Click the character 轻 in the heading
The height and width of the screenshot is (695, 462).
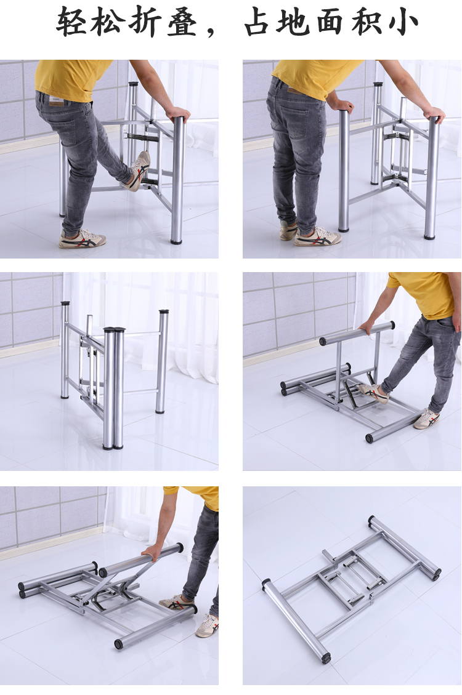70,22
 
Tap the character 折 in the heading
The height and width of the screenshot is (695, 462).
145,22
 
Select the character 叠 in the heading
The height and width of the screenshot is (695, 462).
182,22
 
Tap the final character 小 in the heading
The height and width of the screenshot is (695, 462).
403,22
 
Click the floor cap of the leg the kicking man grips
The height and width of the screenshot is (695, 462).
176,242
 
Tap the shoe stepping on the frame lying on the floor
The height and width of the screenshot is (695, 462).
374,393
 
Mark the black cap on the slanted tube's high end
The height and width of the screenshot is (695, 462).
180,548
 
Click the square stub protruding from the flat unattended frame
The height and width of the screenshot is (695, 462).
327,555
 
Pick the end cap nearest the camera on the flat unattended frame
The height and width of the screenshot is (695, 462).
326,659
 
